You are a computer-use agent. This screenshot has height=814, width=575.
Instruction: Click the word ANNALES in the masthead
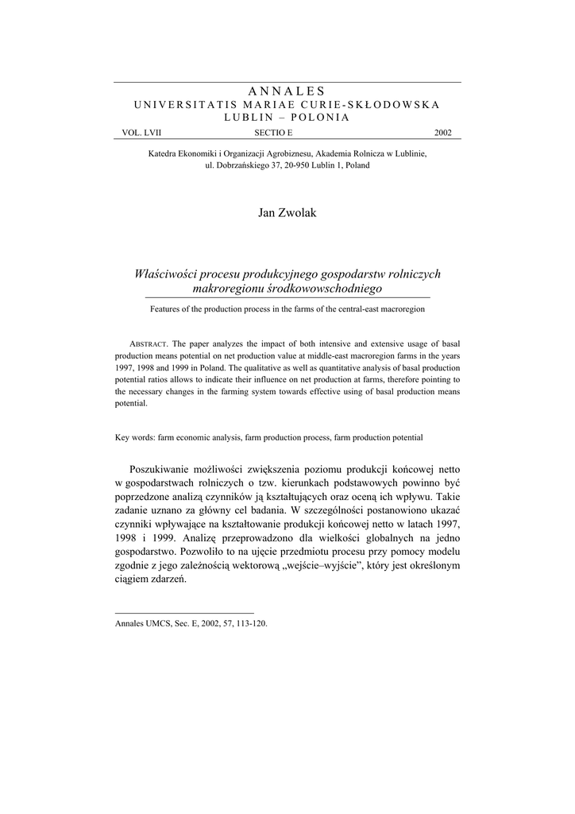287,91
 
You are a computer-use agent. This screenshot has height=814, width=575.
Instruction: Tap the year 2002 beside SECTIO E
442,133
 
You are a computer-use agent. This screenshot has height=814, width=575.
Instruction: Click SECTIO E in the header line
273,133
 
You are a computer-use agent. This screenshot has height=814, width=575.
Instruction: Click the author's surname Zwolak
299,214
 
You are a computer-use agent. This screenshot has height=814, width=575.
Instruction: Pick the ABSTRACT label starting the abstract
147,343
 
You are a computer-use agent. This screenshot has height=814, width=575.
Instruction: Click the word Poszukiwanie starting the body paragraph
168,470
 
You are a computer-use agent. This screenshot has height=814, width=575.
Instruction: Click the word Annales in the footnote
131,624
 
